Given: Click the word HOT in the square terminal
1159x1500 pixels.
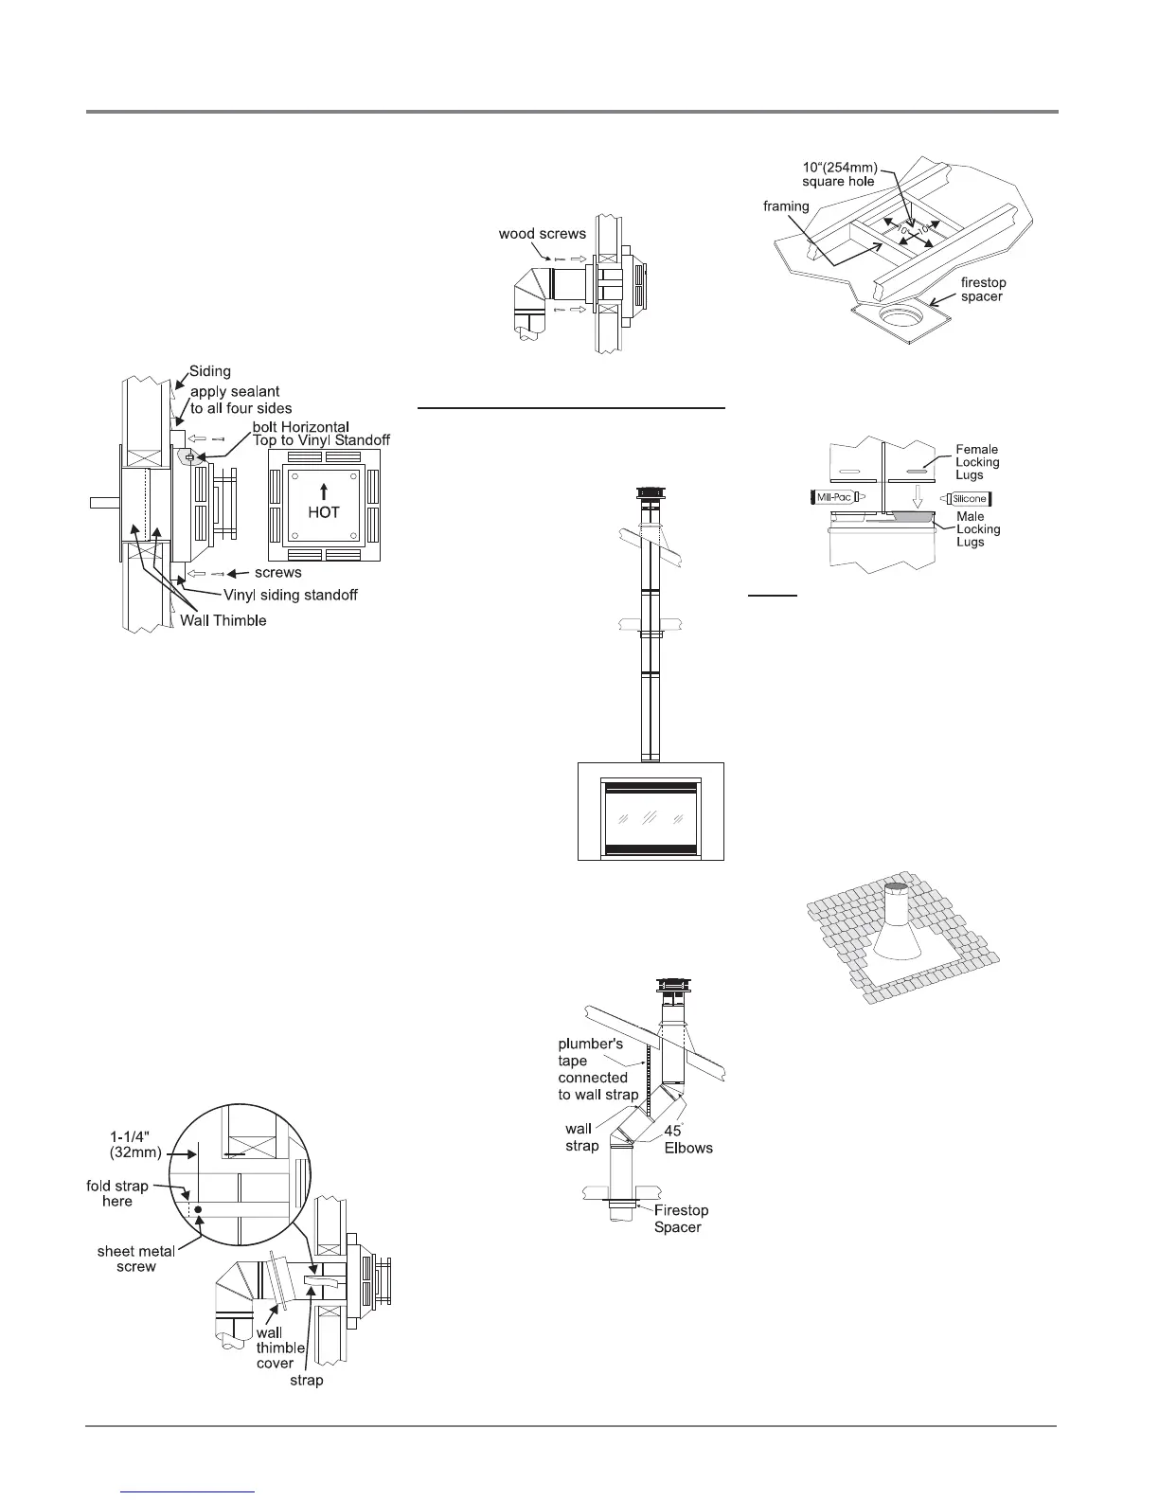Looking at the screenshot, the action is [324, 511].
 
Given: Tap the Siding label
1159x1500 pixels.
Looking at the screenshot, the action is [210, 372].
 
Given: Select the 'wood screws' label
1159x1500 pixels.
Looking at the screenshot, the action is [543, 234].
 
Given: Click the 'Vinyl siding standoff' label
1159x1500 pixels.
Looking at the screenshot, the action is [291, 595].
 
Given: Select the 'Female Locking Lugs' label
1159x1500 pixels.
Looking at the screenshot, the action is [976, 462].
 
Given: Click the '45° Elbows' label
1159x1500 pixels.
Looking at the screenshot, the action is [686, 1139].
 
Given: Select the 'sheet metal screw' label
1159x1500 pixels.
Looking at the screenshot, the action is [135, 1259].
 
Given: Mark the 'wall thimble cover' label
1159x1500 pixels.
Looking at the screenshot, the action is [280, 1348].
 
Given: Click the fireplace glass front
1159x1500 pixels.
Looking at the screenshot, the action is [651, 817].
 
